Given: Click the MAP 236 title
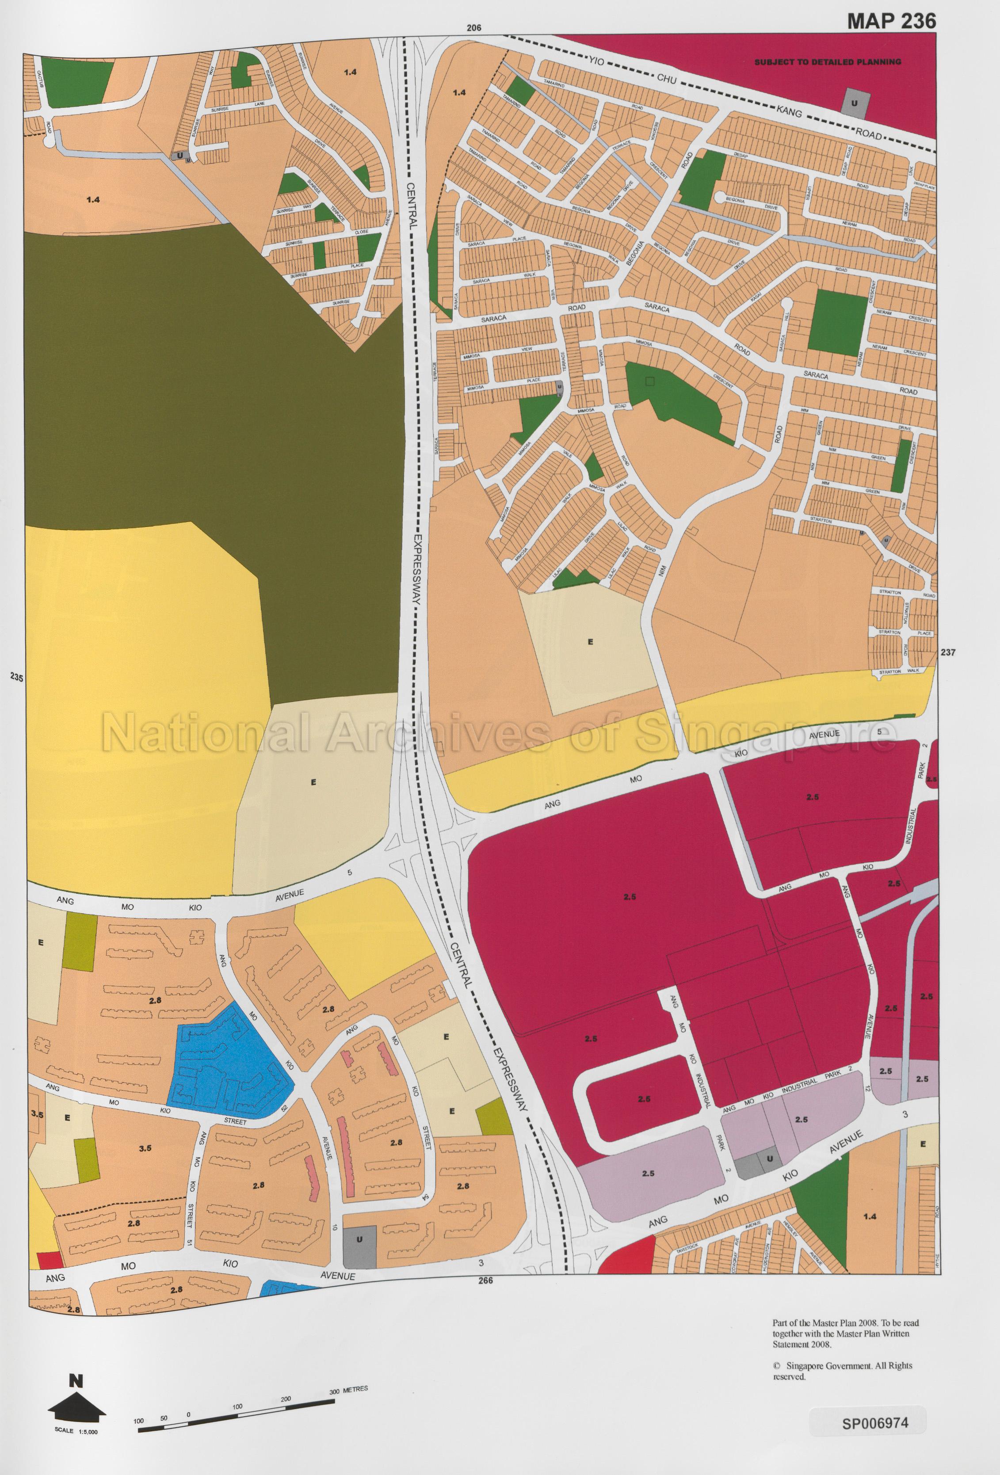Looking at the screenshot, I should [x=891, y=21].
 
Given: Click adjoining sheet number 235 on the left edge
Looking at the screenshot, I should [x=16, y=678].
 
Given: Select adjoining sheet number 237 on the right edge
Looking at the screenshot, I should [x=947, y=652].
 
